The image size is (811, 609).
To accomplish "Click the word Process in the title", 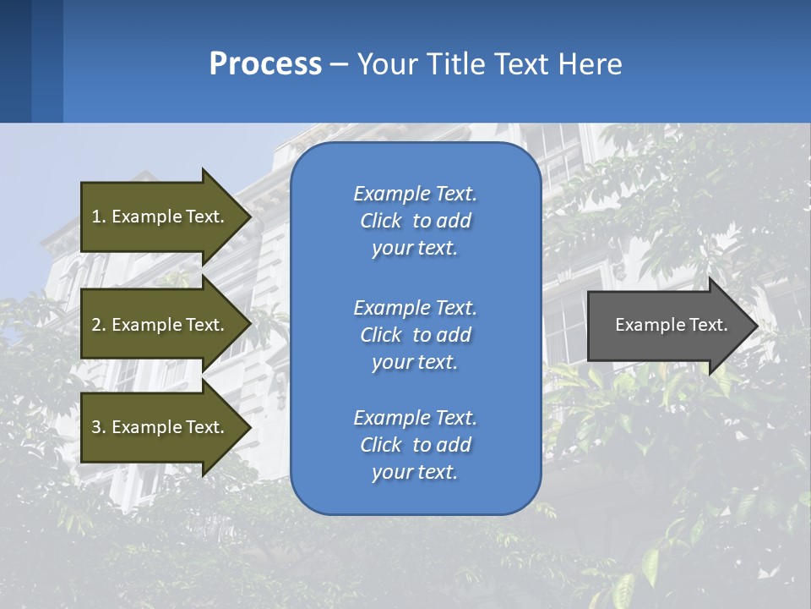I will [x=265, y=64].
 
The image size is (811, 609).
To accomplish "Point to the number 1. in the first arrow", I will [x=99, y=217].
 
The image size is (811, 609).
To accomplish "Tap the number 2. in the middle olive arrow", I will [x=99, y=325].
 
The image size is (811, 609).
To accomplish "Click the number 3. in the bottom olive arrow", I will [x=99, y=427].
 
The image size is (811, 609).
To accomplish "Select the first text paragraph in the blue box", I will [x=415, y=221].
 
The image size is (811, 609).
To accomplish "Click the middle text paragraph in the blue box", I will [x=415, y=335].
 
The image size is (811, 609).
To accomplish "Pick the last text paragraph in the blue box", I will [x=415, y=445].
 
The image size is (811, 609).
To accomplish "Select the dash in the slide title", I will [x=340, y=64].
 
